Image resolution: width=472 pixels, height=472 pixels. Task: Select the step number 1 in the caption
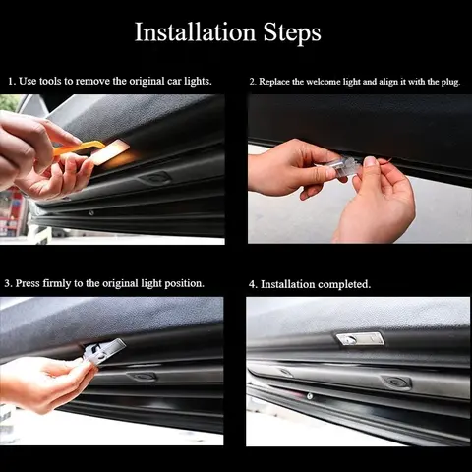(10, 81)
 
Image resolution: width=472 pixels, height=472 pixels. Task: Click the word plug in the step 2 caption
(443, 81)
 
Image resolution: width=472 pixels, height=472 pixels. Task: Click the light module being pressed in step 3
(104, 351)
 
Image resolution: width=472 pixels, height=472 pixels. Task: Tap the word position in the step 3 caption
(183, 283)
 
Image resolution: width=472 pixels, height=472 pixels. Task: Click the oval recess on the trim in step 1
(154, 178)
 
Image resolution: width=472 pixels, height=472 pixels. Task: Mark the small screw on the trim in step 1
(91, 211)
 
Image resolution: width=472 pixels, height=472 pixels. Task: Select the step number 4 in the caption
(253, 284)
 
